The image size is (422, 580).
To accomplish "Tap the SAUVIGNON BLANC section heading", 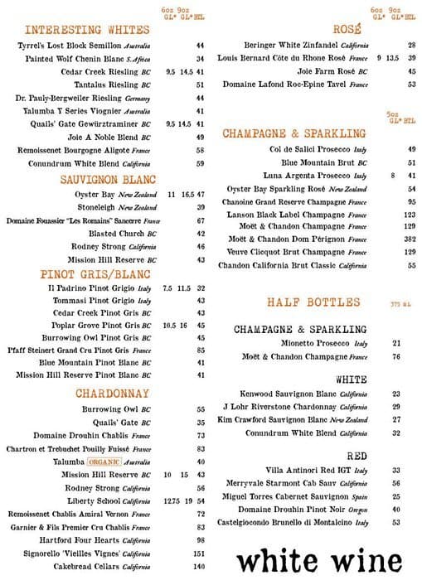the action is coord(109,179).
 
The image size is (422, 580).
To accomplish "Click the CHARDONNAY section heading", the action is coord(112,394).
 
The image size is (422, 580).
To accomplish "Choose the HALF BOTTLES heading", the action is coord(313,302).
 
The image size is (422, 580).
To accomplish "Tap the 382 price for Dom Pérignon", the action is coord(410,239).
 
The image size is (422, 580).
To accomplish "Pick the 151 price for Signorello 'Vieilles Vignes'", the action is coord(199,553).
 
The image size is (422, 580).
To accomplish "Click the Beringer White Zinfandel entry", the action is coord(301,46).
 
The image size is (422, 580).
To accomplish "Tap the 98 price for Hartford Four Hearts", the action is coord(200,539).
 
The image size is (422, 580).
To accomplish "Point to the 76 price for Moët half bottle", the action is coord(396,356).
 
